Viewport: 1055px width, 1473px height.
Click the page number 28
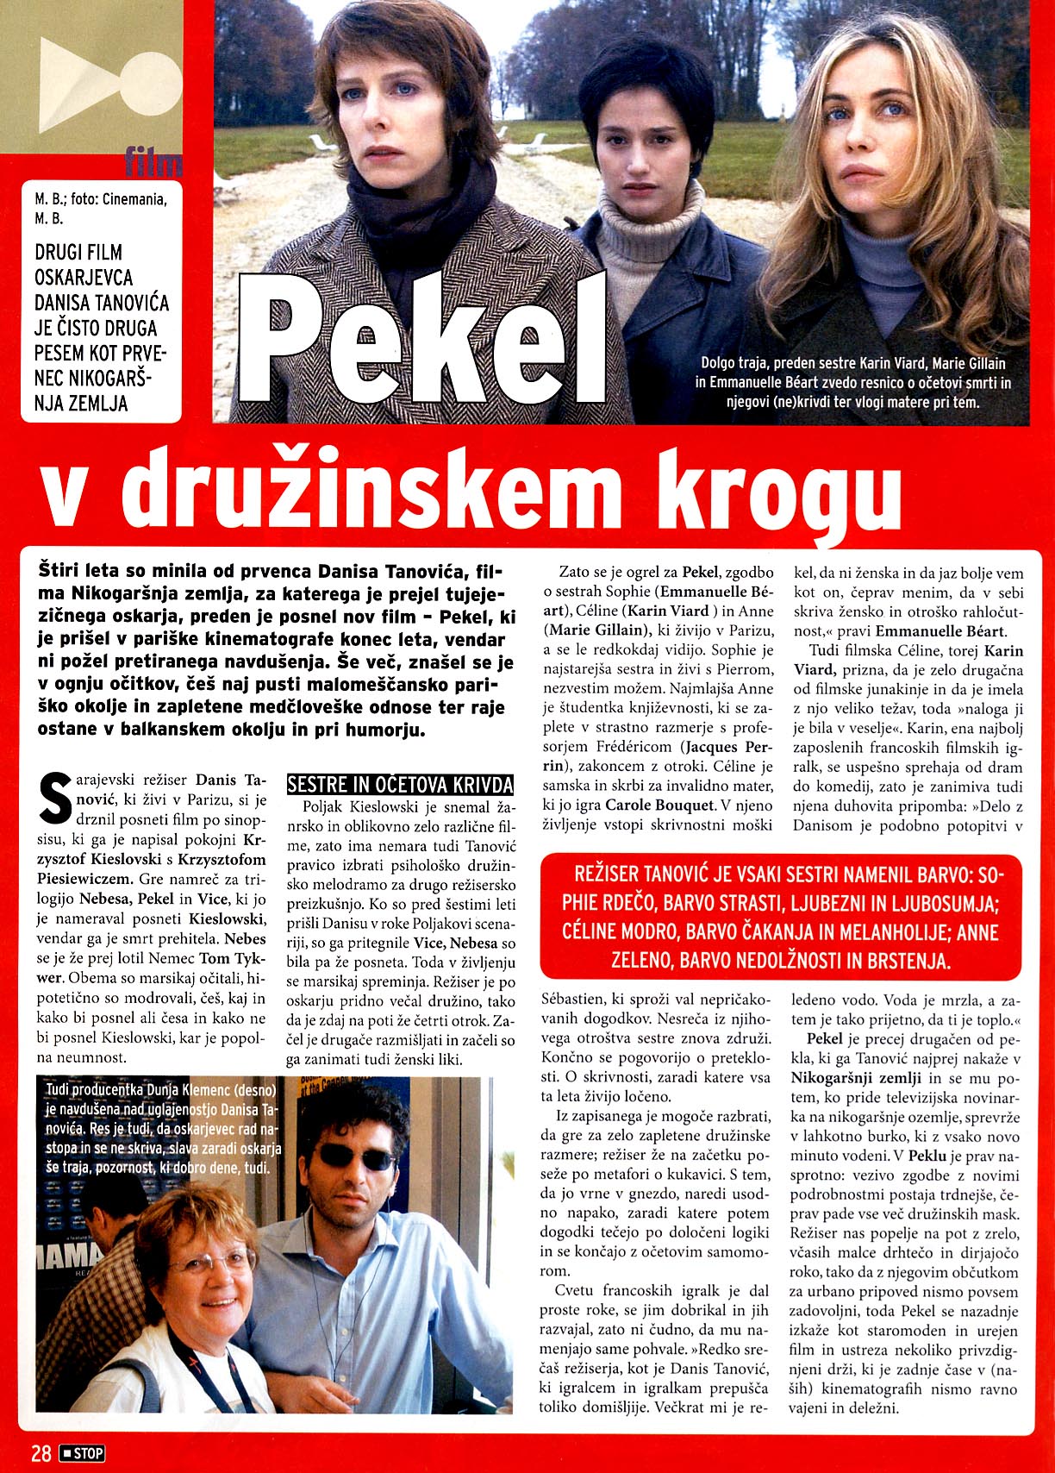tap(41, 1453)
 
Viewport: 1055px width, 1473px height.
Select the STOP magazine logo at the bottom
tap(82, 1453)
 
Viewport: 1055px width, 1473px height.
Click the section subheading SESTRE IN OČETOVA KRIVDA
tap(400, 785)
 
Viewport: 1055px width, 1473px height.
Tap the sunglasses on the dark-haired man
tap(356, 1157)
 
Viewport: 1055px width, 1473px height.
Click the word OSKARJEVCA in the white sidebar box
tap(84, 278)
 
